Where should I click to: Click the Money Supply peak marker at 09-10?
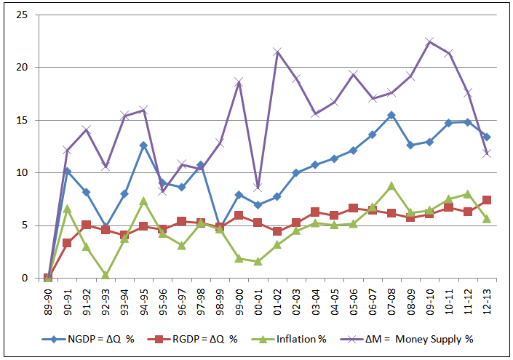tap(429, 41)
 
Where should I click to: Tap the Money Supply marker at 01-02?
tap(277, 52)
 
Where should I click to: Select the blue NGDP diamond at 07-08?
tap(391, 115)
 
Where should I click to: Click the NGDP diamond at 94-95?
tap(143, 145)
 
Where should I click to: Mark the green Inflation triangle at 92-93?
tap(106, 275)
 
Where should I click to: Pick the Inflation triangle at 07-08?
tap(391, 185)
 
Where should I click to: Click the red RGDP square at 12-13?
tap(487, 200)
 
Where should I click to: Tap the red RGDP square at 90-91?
tap(67, 243)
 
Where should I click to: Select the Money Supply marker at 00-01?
tap(258, 188)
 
